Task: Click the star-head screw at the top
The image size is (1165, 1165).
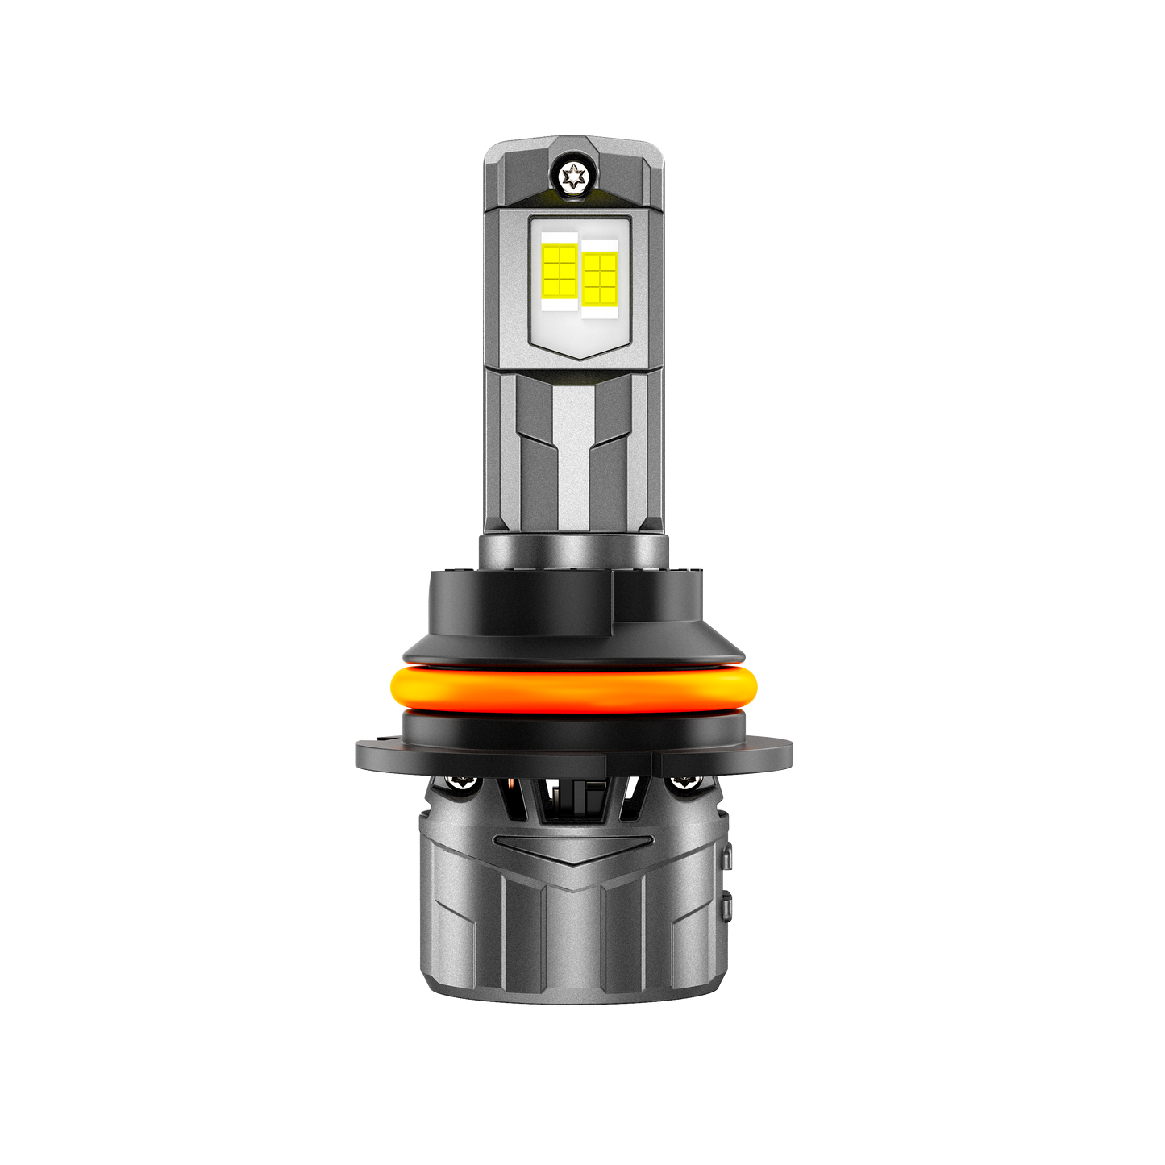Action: [x=573, y=176]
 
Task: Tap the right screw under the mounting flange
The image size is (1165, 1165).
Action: [x=687, y=781]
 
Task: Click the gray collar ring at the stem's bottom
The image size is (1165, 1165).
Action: [x=573, y=551]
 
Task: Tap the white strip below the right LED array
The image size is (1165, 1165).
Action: [x=599, y=312]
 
